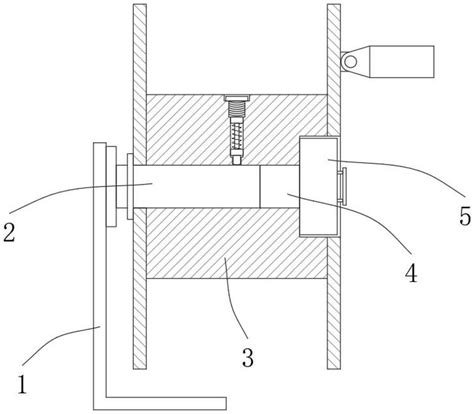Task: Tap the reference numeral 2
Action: point(9,232)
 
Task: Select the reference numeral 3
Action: point(248,358)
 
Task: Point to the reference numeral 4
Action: point(411,273)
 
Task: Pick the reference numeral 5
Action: point(465,216)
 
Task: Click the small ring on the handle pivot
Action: point(350,62)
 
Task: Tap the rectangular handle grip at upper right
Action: point(402,62)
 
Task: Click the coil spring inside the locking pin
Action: point(236,137)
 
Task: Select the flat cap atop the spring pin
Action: point(237,98)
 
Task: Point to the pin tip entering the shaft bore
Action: point(237,160)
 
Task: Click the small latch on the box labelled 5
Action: point(343,185)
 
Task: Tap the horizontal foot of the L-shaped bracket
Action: point(166,403)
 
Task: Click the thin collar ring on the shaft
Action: point(130,186)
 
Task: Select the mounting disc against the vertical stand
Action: point(111,186)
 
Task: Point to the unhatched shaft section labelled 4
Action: point(280,186)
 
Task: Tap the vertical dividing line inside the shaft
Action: point(260,186)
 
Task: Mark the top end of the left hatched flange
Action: point(140,5)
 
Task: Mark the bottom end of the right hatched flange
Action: point(334,368)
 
